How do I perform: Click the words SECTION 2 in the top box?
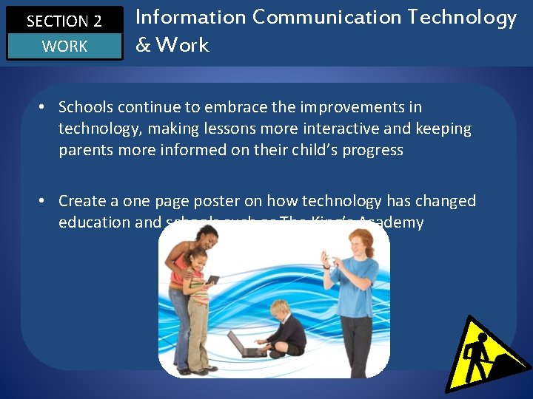(64, 21)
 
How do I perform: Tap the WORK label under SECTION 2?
(64, 47)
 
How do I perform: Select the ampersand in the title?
(143, 45)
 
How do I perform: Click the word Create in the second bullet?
(80, 201)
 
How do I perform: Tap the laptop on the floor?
(243, 344)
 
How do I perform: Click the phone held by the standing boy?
(326, 258)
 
